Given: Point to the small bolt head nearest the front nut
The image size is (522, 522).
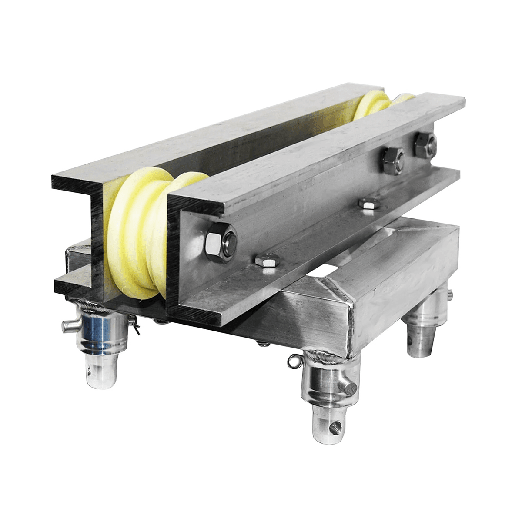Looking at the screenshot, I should coord(264,261).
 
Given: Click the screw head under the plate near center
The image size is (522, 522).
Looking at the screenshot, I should coord(261,345).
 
